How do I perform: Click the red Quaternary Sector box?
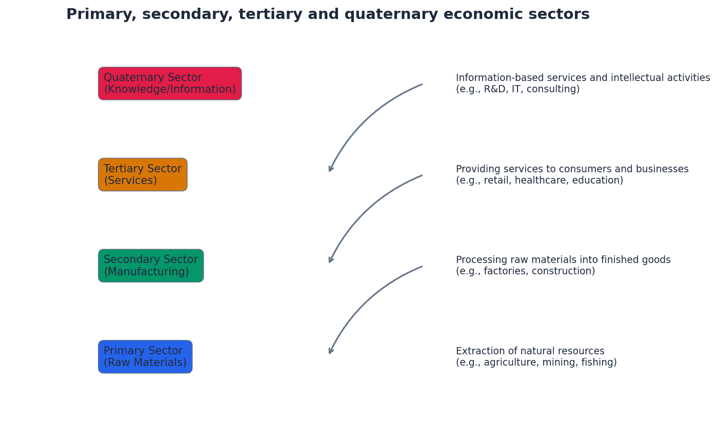[x=170, y=84]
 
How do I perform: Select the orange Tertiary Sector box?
[x=143, y=175]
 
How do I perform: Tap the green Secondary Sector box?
[x=151, y=266]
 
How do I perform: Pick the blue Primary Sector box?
[x=145, y=357]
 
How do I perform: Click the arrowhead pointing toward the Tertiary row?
[x=331, y=169]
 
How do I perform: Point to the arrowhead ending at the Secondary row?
[x=331, y=260]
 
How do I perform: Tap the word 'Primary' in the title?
[x=101, y=15]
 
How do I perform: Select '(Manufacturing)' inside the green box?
[x=146, y=272]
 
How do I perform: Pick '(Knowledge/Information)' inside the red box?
[x=170, y=90]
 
